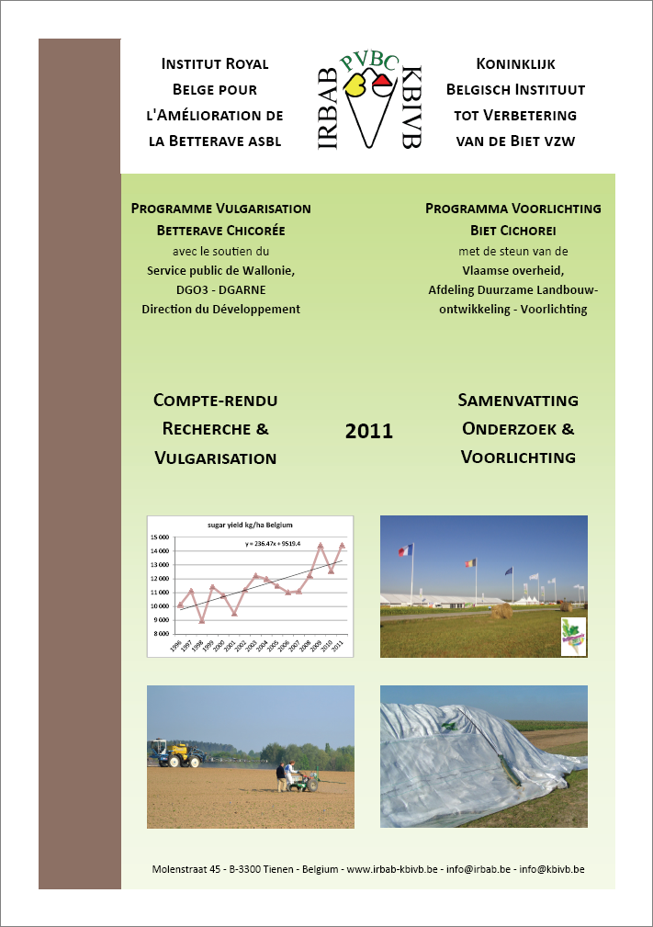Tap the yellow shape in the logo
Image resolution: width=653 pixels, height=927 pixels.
pyautogui.click(x=355, y=87)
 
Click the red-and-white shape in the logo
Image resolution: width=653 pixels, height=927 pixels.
pyautogui.click(x=383, y=85)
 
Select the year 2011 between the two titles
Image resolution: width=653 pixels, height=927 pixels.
pyautogui.click(x=369, y=430)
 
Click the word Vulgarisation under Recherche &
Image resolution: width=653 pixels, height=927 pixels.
pyautogui.click(x=216, y=457)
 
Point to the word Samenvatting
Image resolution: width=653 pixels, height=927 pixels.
pyautogui.click(x=518, y=401)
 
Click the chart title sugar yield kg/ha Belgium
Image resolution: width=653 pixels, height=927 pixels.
pyautogui.click(x=250, y=526)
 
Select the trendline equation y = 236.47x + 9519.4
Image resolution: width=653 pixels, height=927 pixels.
pyautogui.click(x=286, y=543)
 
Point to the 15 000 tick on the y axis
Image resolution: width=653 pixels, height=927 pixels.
pyautogui.click(x=162, y=537)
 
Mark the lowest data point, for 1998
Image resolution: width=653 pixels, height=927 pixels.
pyautogui.click(x=201, y=620)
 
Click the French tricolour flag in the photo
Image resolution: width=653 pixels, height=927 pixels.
pyautogui.click(x=401, y=551)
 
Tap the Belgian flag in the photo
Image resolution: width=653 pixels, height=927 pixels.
pyautogui.click(x=472, y=563)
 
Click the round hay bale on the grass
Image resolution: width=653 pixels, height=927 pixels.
pyautogui.click(x=501, y=611)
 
